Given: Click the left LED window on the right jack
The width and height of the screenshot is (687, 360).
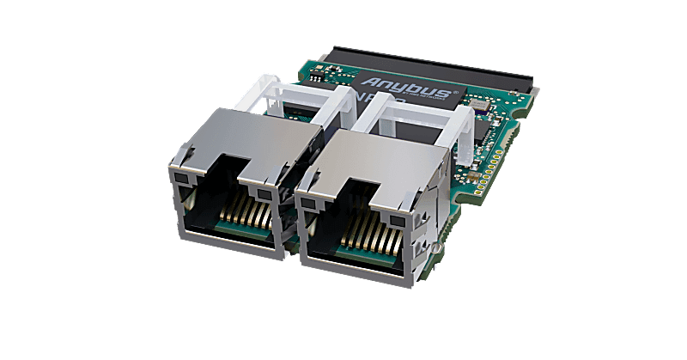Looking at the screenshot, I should coord(304,199).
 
